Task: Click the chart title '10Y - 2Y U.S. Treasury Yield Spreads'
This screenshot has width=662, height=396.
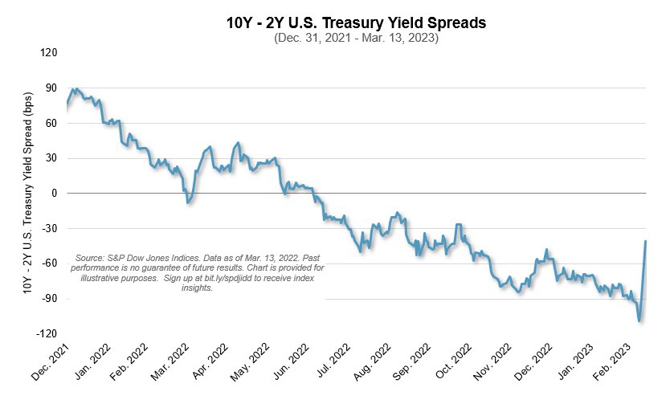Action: (x=357, y=23)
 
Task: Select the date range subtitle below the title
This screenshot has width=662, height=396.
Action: (x=357, y=39)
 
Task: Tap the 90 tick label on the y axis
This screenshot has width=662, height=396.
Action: (x=52, y=88)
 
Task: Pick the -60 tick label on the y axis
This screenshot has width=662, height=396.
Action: (x=50, y=263)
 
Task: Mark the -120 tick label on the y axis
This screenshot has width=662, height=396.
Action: (x=47, y=333)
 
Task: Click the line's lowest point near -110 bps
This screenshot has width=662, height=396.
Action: (x=640, y=320)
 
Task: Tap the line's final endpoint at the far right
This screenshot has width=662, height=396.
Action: (x=646, y=242)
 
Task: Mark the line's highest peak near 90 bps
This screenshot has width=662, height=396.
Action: (x=74, y=89)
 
